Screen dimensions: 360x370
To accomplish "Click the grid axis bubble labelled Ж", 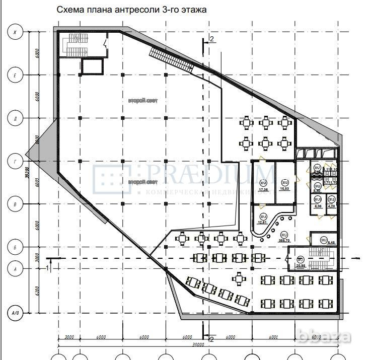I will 15,33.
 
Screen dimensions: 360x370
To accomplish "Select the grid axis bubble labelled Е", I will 15,76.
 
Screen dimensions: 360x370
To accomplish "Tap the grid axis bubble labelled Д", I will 15,119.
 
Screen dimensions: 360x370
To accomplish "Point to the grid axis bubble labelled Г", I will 15,162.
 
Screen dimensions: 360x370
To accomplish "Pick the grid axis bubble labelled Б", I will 15,248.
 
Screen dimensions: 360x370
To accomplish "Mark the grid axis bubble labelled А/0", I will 15,313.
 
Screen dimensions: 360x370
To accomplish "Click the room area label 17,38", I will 263,190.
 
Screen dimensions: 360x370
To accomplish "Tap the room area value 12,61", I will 262,222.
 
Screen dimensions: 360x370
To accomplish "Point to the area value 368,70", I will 283,240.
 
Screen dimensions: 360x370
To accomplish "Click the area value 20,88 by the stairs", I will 301,265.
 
